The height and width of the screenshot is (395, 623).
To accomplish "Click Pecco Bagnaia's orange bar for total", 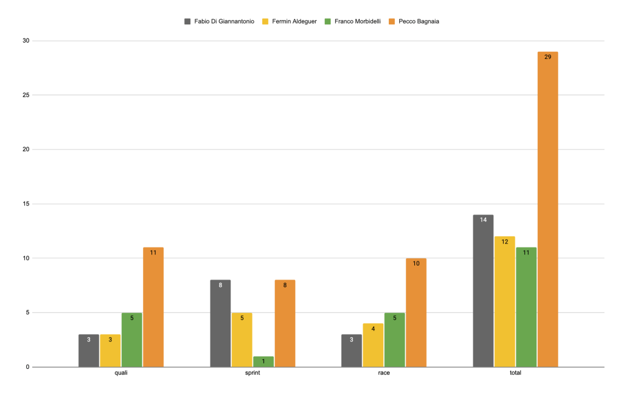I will (x=548, y=209).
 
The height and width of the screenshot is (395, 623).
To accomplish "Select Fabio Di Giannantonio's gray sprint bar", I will (x=220, y=323).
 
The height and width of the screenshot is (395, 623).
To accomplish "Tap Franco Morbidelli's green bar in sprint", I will (x=263, y=362).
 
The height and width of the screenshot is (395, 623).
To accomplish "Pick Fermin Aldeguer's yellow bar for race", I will (x=373, y=345).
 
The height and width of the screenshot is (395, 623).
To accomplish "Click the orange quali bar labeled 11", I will (x=153, y=307).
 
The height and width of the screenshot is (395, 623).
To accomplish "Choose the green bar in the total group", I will (x=526, y=307).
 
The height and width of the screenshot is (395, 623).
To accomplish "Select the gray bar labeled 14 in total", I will (x=483, y=290).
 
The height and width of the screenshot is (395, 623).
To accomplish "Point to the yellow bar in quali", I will (x=110, y=351).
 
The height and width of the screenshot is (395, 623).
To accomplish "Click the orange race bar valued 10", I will (x=416, y=312).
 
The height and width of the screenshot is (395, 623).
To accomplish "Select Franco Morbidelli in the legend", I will (x=356, y=21).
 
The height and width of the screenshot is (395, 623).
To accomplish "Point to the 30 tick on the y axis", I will (x=26, y=41).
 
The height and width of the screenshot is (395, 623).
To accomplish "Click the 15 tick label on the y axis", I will (x=26, y=204).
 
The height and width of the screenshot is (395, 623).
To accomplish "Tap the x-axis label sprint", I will (x=252, y=373).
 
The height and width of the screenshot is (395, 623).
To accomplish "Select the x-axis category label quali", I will (x=121, y=373).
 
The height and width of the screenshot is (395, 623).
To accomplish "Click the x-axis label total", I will (x=515, y=373).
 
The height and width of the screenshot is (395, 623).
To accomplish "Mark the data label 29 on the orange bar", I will (x=548, y=57).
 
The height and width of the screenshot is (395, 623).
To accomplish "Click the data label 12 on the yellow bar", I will (x=505, y=242).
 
